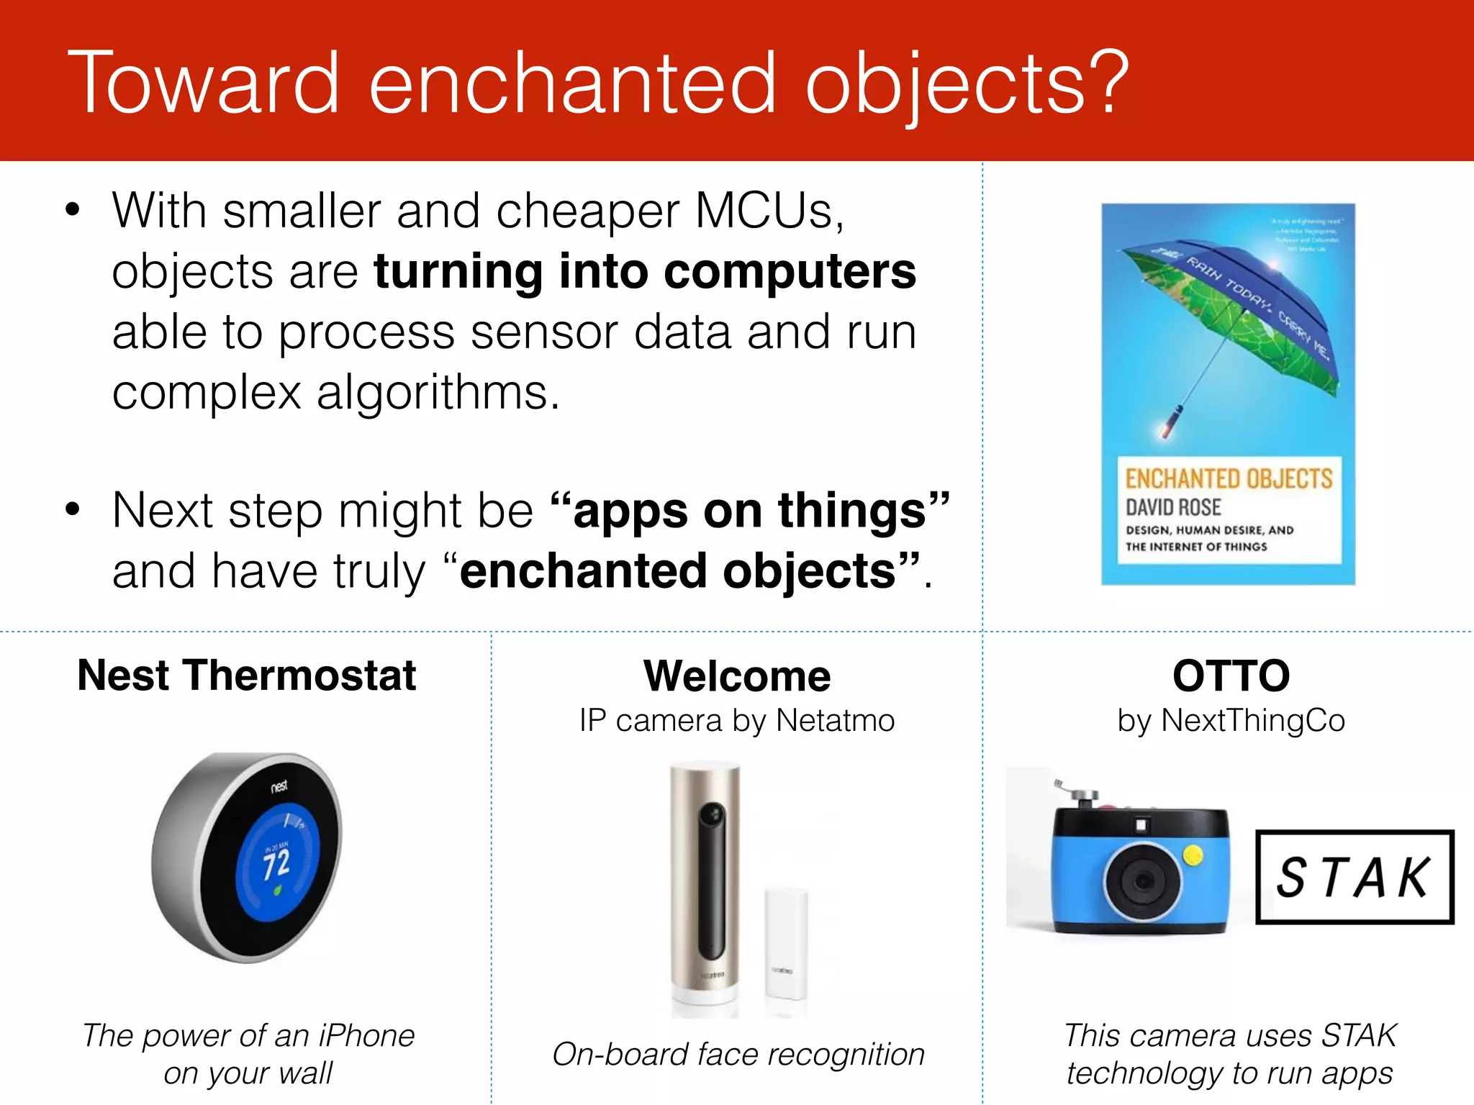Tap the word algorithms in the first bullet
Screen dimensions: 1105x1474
pos(437,393)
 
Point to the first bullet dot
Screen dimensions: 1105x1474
pos(72,211)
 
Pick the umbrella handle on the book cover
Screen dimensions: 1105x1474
pos(1170,422)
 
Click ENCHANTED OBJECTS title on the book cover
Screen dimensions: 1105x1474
pos(1228,479)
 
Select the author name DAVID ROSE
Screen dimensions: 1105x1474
pos(1173,507)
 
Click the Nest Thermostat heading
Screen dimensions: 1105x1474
pos(246,676)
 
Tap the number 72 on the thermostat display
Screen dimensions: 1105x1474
pos(276,864)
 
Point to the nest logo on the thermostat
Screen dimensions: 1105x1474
pos(279,786)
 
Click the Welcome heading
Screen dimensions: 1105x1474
pos(737,676)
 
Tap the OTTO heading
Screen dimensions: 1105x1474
pos(1231,676)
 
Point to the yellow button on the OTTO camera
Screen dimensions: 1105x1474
pos(1193,855)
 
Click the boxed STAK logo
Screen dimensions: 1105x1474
pos(1354,877)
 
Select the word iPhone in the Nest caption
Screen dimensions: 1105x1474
pos(366,1036)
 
